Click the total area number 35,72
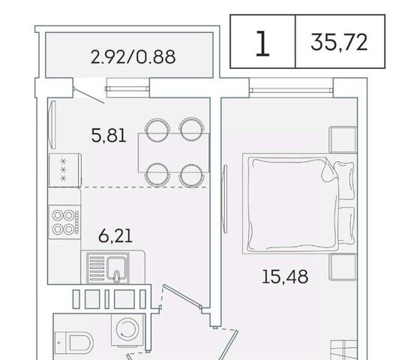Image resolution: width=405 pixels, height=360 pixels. coord(339,43)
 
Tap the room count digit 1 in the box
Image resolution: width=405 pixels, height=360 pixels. coord(262,43)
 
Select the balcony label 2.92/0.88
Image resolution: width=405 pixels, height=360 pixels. coord(133,57)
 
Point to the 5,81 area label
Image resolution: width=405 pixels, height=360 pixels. coord(109,135)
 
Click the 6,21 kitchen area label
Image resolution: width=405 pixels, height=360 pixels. coord(115,235)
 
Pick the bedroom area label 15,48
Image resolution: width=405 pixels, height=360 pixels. coord(285,277)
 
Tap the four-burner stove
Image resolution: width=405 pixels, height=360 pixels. coord(64,222)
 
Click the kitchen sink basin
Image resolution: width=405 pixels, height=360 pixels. coord(116,267)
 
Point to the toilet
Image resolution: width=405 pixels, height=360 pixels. coord(74,343)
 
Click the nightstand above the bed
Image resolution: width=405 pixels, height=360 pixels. coord(343,139)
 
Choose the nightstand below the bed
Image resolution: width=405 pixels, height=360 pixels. coord(343,267)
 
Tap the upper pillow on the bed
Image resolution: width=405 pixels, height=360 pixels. coord(344,180)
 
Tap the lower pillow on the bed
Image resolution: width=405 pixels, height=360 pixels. coord(346,225)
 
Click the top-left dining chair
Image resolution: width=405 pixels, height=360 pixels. coord(157,130)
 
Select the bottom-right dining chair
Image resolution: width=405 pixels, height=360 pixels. coord(192,175)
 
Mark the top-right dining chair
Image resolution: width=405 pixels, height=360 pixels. coord(192,130)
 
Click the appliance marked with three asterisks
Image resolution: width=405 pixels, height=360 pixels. coord(65,170)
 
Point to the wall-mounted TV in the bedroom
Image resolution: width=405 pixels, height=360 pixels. coord(225,199)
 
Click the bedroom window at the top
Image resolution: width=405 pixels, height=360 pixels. coord(291,90)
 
